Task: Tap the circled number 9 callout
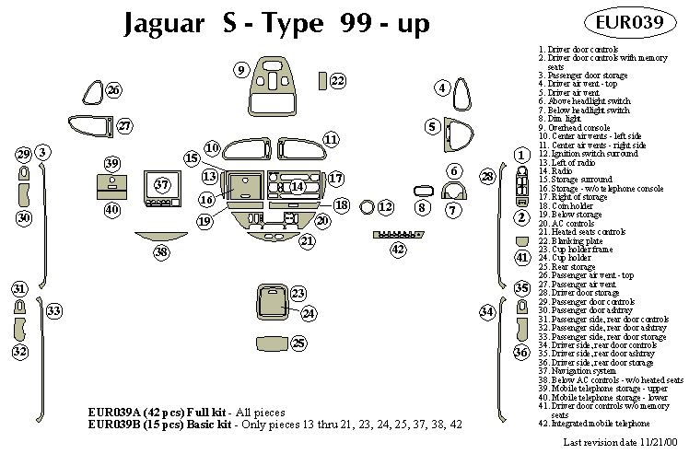pos(240,70)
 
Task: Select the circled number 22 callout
pos(337,81)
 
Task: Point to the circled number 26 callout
pos(113,90)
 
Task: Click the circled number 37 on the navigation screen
pos(163,184)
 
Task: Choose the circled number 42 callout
pos(398,249)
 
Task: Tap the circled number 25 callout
pos(298,343)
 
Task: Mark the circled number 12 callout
pos(385,208)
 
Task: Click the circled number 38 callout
pos(161,251)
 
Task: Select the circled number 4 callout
pos(443,88)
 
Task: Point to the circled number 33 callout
pos(54,311)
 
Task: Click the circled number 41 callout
pos(522,257)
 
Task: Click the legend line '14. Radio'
pos(557,171)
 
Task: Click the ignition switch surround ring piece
pos(366,208)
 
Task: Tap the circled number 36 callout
pos(521,353)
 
